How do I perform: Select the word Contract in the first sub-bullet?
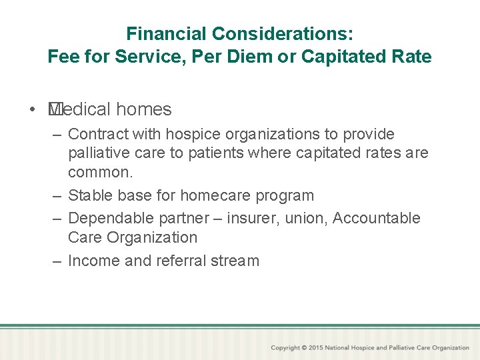[x=97, y=134]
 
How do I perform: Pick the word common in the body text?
[x=99, y=172]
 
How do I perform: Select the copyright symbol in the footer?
[x=304, y=347]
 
